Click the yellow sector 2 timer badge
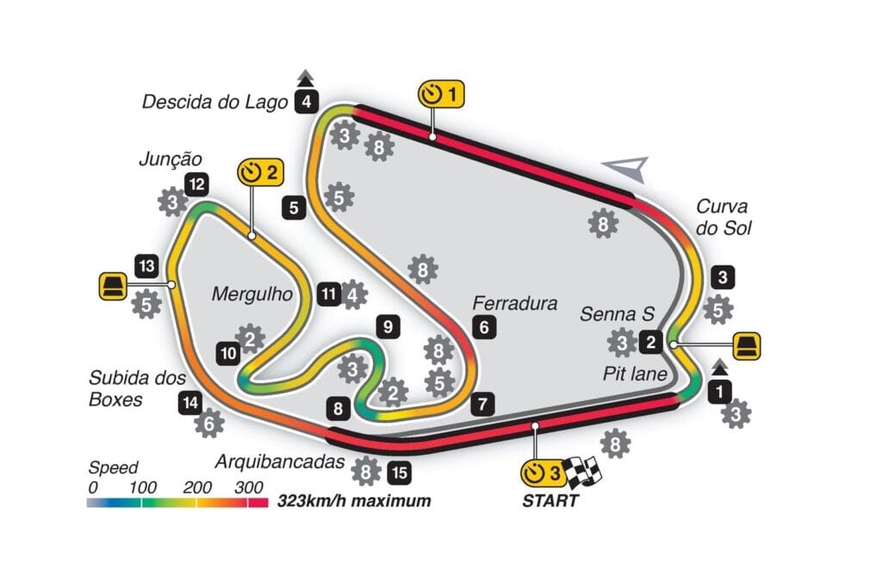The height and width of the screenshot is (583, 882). click(260, 171)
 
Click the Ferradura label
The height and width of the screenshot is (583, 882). click(514, 303)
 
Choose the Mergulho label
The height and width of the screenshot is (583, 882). click(252, 295)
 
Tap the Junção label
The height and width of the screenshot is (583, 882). click(170, 158)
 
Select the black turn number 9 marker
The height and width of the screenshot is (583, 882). click(388, 326)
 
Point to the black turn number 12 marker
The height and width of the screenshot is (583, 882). click(198, 183)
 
